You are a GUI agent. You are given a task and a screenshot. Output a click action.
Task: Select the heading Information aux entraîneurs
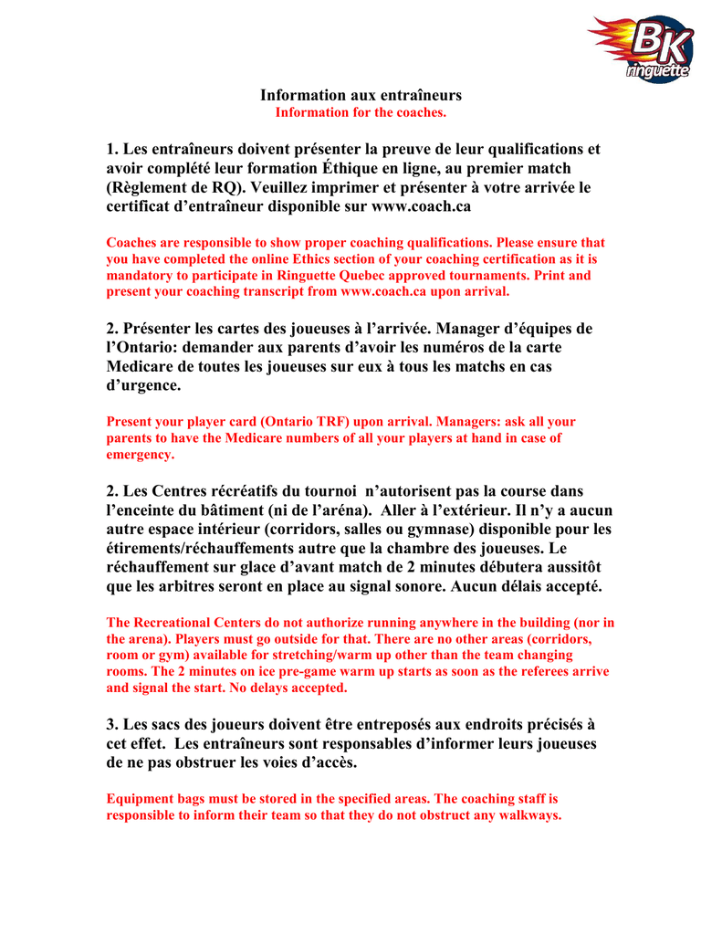pyautogui.click(x=361, y=95)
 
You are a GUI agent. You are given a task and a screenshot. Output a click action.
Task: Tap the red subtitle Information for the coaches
pyautogui.click(x=361, y=112)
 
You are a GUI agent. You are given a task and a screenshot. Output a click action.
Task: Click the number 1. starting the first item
pyautogui.click(x=113, y=149)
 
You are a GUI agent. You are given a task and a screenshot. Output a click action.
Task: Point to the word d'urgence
pyautogui.click(x=144, y=386)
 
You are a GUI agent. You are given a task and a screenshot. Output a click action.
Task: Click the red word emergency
pyautogui.click(x=140, y=455)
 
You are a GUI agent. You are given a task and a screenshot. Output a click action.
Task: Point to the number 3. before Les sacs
pyautogui.click(x=113, y=725)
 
